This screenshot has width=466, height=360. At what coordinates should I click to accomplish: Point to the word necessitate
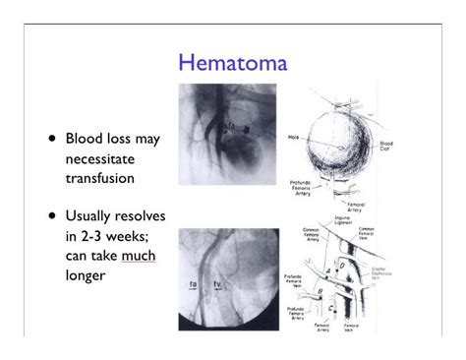[x=101, y=158]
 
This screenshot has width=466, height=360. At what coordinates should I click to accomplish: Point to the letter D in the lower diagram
[x=340, y=265]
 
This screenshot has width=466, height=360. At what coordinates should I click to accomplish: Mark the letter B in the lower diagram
[x=319, y=292]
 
